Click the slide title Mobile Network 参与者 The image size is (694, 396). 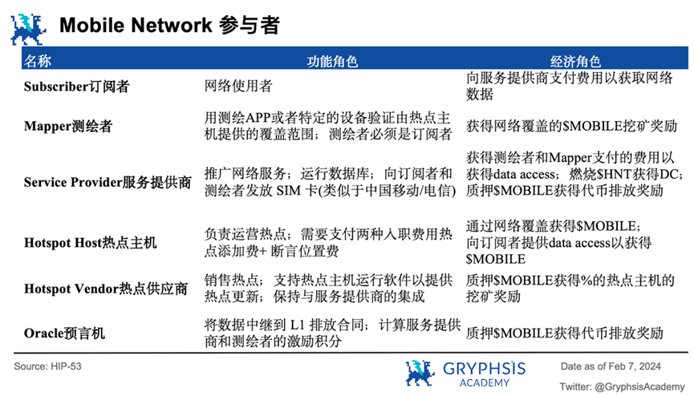pos(168,25)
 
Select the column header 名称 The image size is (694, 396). pos(39,61)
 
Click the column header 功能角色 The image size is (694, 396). pos(332,61)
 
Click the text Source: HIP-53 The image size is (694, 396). pos(48,366)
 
